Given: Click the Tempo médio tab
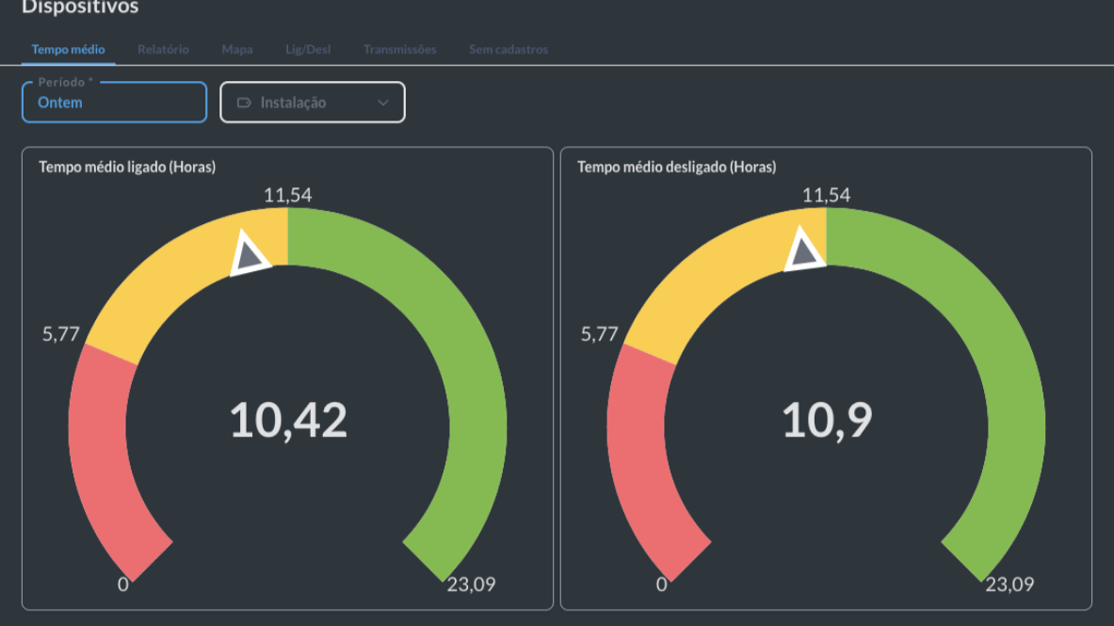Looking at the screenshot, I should [x=68, y=49].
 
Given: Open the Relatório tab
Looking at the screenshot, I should [x=163, y=49].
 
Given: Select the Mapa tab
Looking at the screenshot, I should [x=237, y=49].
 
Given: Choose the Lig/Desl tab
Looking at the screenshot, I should [x=308, y=49].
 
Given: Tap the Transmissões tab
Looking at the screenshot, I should [x=399, y=49].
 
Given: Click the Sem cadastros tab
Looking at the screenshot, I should [x=509, y=49].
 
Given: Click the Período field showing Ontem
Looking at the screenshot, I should [x=114, y=103].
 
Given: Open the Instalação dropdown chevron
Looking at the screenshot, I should [x=383, y=103].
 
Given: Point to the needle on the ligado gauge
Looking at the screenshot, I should [x=250, y=253].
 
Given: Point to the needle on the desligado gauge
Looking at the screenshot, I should [x=804, y=251].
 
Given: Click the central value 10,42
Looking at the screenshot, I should [x=288, y=420].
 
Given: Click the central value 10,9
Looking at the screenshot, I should [x=827, y=420].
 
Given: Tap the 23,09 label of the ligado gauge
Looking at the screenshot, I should [x=471, y=585].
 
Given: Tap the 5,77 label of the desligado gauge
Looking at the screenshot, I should [x=599, y=334].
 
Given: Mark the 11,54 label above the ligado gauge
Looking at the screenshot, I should [x=287, y=196].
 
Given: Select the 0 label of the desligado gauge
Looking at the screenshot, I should [x=661, y=585].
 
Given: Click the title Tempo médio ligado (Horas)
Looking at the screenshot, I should [x=127, y=168].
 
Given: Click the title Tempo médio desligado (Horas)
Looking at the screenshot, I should [x=676, y=168].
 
